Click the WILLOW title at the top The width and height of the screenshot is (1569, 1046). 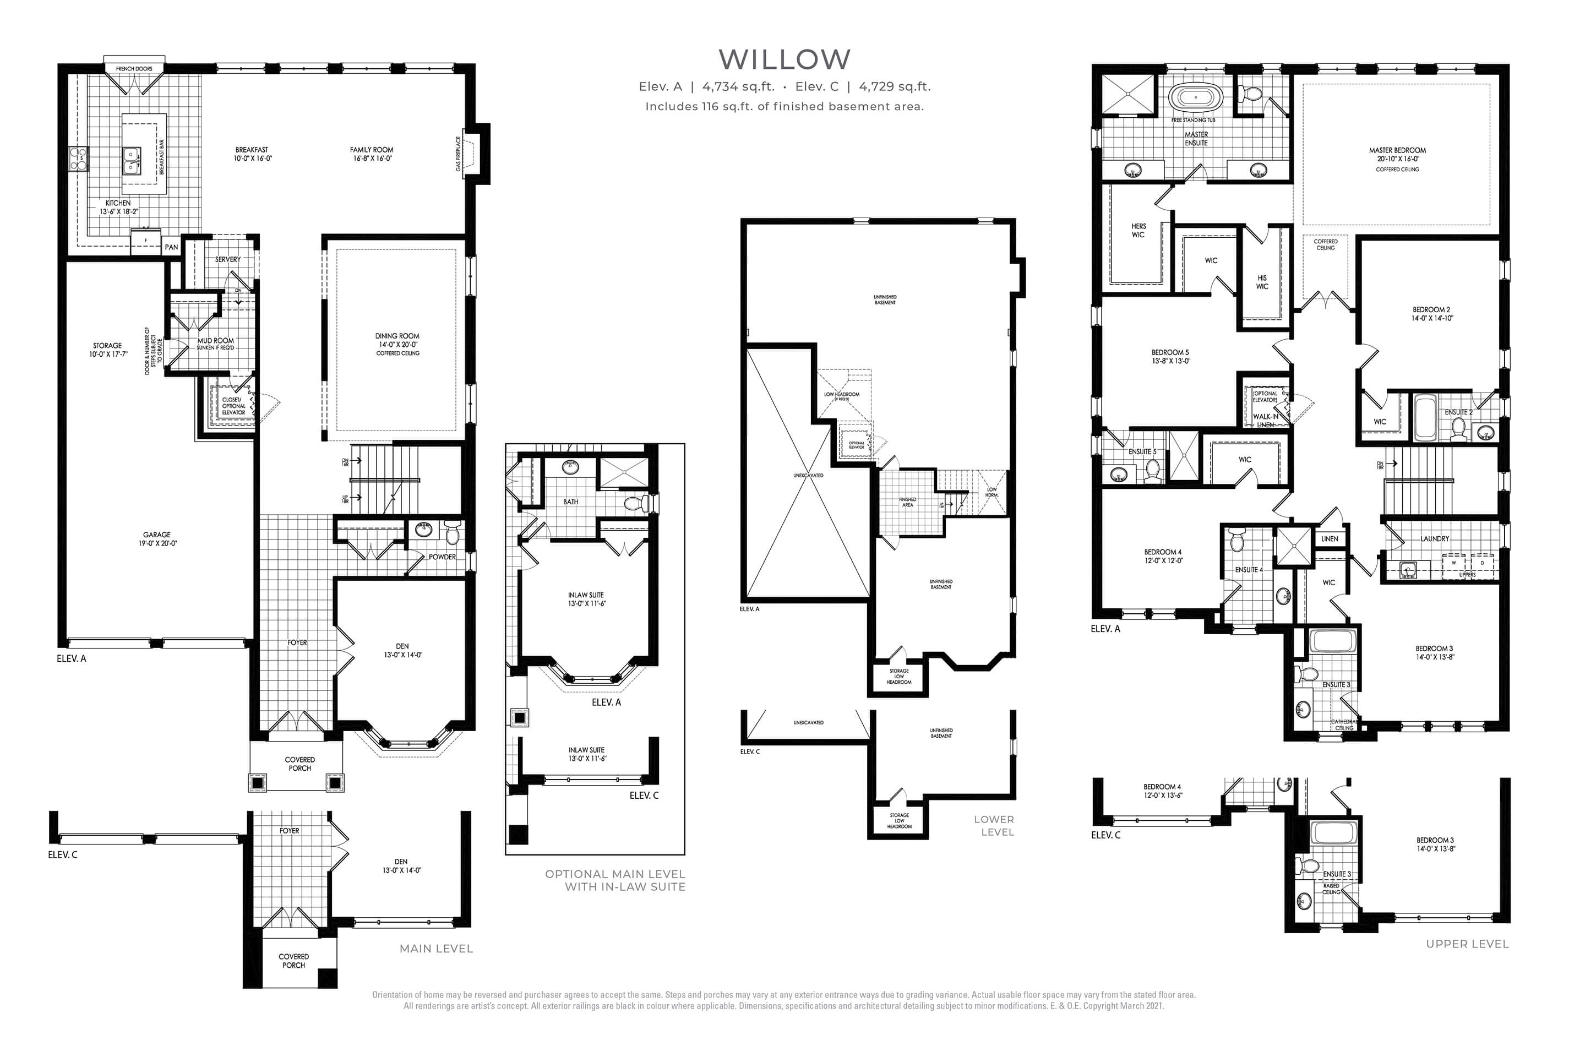click(x=784, y=59)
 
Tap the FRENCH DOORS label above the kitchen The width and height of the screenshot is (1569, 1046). click(x=134, y=69)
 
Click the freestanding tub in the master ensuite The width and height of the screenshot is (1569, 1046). click(x=1195, y=99)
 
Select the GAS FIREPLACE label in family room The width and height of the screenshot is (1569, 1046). click(x=458, y=154)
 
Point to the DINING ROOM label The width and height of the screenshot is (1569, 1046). click(x=397, y=336)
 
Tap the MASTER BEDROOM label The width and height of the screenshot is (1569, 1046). click(x=1397, y=155)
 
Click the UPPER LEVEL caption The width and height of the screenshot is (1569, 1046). click(x=1467, y=943)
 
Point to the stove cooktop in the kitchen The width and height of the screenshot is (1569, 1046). click(x=79, y=159)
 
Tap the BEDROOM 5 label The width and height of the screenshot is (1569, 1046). click(x=1170, y=356)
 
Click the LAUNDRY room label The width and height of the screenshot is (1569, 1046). click(x=1435, y=538)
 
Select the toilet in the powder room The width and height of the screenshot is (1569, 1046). click(x=453, y=533)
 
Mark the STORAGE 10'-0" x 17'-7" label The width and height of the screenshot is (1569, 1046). click(x=107, y=350)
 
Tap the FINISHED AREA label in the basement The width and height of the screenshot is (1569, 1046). click(x=907, y=502)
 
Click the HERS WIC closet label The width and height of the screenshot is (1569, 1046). click(x=1138, y=230)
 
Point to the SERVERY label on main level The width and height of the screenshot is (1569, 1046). click(x=227, y=259)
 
